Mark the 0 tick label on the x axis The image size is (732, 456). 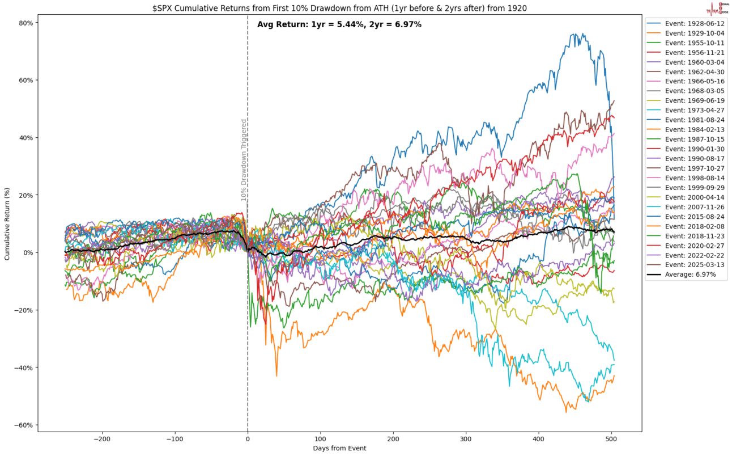tap(248, 439)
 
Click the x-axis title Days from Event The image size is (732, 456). tap(339, 449)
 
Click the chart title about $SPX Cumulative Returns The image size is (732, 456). tap(339, 6)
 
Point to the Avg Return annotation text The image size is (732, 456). tap(339, 24)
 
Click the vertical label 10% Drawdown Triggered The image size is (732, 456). tap(244, 160)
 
